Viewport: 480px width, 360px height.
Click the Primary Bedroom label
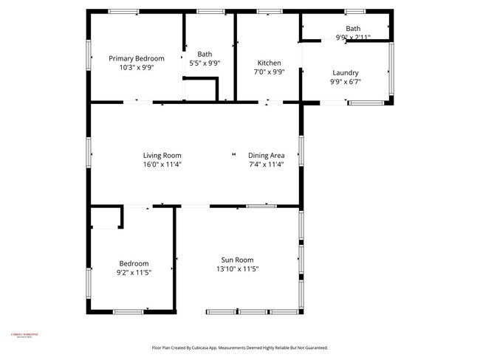tap(137, 58)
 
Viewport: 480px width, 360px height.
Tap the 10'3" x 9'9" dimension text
tap(137, 67)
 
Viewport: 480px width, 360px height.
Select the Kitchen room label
tap(269, 63)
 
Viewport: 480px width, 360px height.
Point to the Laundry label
tap(346, 72)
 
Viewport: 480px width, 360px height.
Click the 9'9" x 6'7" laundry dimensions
tap(346, 82)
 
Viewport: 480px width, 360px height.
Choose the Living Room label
tap(162, 155)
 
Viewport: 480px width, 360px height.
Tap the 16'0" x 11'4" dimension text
tap(162, 165)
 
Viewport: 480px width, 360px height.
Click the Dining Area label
tap(267, 155)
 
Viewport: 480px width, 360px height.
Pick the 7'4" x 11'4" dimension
tap(267, 165)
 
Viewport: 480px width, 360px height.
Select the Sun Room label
tap(237, 260)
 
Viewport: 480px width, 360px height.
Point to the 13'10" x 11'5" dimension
tap(237, 269)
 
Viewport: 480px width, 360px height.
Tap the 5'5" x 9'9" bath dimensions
tap(205, 63)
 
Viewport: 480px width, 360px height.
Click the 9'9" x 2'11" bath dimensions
tap(353, 37)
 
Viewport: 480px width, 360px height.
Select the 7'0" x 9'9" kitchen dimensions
tap(269, 72)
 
